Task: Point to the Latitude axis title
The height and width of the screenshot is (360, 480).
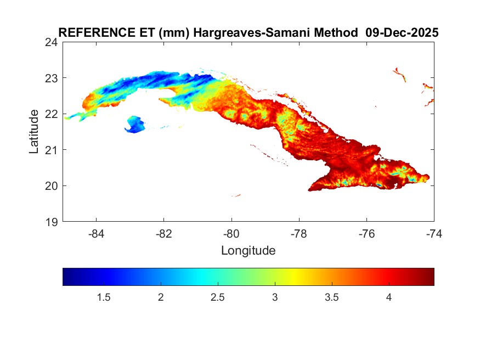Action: click(35, 132)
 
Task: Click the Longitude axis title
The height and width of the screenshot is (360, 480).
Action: click(248, 251)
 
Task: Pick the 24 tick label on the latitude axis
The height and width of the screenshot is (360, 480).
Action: click(53, 42)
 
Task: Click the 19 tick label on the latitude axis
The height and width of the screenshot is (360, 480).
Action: click(53, 222)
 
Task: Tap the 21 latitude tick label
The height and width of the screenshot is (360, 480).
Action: click(53, 150)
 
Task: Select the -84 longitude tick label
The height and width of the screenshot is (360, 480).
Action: click(96, 233)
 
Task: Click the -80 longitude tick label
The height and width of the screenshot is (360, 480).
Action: click(231, 233)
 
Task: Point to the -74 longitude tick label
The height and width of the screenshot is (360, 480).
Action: click(433, 233)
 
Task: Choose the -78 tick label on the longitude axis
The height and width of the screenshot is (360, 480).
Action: click(299, 233)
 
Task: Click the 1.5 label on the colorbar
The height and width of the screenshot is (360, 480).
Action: click(104, 297)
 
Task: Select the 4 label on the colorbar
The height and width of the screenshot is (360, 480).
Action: click(388, 297)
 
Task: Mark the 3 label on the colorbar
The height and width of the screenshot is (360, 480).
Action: click(275, 297)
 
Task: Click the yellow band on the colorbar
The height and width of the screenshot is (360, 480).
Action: click(295, 277)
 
